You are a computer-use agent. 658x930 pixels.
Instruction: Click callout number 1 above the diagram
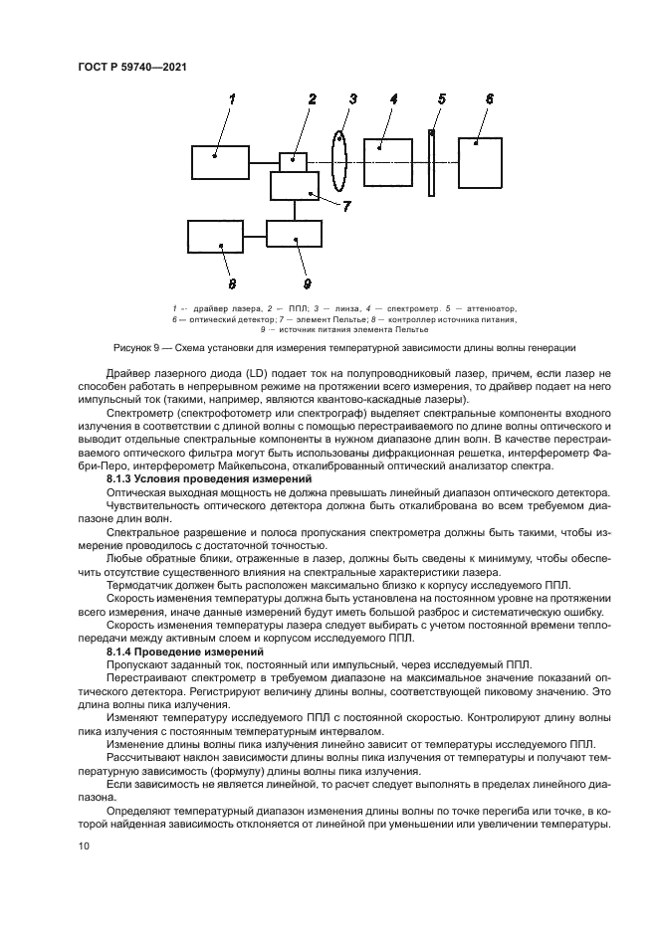click(232, 99)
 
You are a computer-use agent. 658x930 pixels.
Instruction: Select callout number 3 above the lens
click(351, 98)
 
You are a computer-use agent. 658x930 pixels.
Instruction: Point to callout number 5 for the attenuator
click(442, 98)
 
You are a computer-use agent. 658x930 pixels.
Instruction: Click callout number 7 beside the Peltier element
click(346, 207)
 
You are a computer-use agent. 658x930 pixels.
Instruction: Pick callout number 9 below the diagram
click(307, 270)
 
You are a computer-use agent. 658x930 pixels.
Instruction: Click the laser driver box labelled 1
click(220, 162)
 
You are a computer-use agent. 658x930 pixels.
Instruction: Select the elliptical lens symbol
click(339, 161)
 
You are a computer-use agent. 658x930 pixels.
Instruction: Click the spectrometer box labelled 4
click(387, 161)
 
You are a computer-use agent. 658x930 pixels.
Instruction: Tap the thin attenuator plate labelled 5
click(433, 161)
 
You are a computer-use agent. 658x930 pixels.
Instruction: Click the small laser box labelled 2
click(293, 161)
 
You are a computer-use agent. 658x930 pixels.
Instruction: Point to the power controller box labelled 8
click(215, 236)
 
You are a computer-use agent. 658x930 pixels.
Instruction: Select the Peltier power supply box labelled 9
click(294, 234)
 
